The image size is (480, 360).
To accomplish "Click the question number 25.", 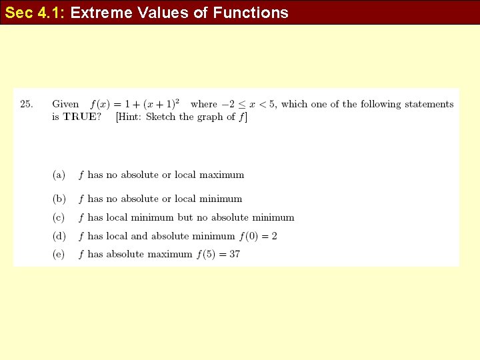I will tap(27, 104).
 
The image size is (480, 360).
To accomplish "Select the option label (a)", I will tap(59, 175).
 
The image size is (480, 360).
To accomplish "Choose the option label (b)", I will tap(59, 199).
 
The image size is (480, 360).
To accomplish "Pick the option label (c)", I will tap(59, 217).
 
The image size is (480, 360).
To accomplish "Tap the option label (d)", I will tap(59, 236).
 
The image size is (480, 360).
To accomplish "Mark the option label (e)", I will tap(59, 254).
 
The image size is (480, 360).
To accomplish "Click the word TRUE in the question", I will tap(82, 117).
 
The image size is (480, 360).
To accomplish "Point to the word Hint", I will tap(130, 117).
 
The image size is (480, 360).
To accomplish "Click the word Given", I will tap(65, 104).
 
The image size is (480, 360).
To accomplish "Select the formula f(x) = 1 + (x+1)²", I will tap(135, 104).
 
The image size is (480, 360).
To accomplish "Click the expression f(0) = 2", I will tap(257, 236).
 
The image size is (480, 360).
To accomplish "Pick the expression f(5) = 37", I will tap(218, 254).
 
